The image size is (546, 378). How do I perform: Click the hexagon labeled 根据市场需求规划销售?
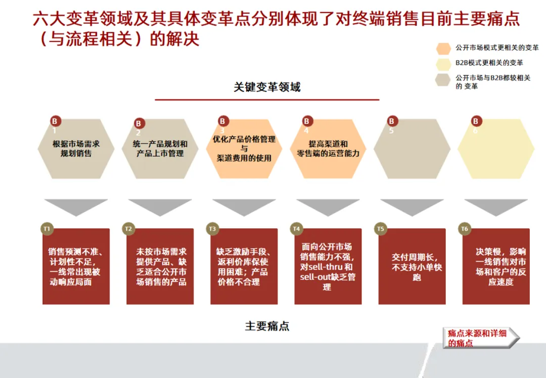pyautogui.click(x=76, y=149)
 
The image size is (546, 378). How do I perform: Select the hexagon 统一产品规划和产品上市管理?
pyautogui.click(x=160, y=149)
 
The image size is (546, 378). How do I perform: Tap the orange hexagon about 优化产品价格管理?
pyautogui.click(x=244, y=149)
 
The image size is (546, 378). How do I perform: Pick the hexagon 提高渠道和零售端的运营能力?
pyautogui.click(x=328, y=149)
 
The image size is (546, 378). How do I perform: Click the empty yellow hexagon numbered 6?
pyautogui.click(x=495, y=149)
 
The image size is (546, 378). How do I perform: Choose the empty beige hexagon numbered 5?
pyautogui.click(x=412, y=149)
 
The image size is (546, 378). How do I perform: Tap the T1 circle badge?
pyautogui.click(x=47, y=229)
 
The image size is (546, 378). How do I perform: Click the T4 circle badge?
pyautogui.click(x=296, y=229)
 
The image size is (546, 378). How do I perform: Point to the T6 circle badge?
pyautogui.click(x=464, y=229)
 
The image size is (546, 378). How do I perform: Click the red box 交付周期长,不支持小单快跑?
pyautogui.click(x=412, y=267)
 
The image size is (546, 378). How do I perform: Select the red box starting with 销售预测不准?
pyautogui.click(x=76, y=267)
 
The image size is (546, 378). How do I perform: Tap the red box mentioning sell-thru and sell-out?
pyautogui.click(x=328, y=267)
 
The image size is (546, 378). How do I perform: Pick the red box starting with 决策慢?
pyautogui.click(x=495, y=267)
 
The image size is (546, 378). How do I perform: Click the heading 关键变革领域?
pyautogui.click(x=267, y=87)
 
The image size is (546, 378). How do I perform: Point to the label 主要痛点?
pyautogui.click(x=267, y=326)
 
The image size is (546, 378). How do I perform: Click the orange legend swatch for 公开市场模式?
pyautogui.click(x=443, y=49)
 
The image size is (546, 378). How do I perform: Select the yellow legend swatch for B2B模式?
pyautogui.click(x=443, y=64)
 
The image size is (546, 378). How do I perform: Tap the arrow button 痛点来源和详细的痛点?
pyautogui.click(x=481, y=338)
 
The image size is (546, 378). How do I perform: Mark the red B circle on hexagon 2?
pyautogui.click(x=140, y=123)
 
